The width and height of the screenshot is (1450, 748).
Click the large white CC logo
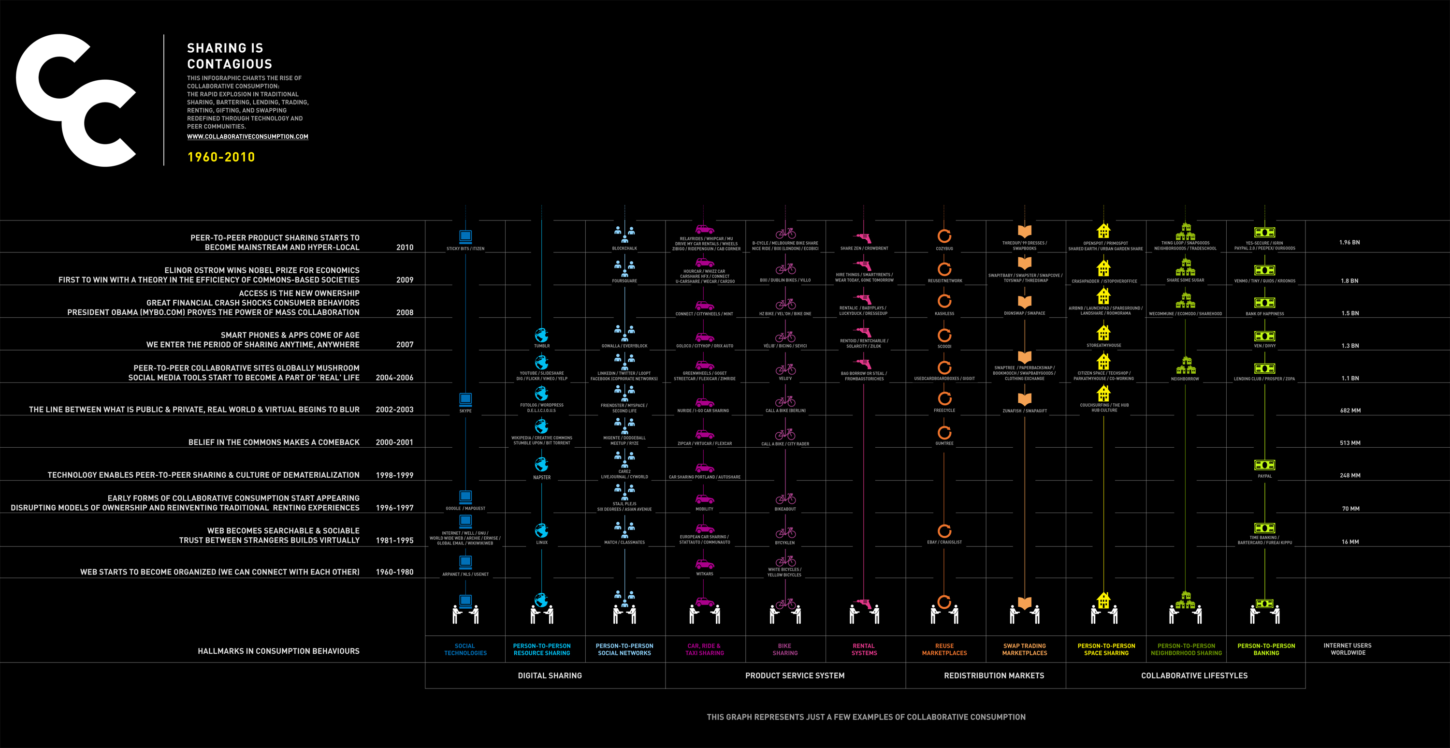(x=76, y=100)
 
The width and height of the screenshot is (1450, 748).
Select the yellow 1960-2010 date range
(x=221, y=157)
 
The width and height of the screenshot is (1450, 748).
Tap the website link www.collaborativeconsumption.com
(x=247, y=136)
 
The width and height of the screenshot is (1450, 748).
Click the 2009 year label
(x=404, y=280)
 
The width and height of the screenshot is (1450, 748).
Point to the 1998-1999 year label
(x=394, y=475)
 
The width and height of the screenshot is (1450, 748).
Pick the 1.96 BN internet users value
(x=1349, y=242)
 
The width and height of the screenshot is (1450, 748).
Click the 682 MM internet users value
(x=1350, y=411)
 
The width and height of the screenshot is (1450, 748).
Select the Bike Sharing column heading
(x=784, y=649)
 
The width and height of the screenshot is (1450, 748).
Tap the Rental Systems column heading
(x=864, y=649)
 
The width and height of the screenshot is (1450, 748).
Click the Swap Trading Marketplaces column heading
(x=1025, y=649)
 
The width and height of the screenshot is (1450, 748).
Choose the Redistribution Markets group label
(x=994, y=675)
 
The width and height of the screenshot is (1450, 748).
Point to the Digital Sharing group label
(x=550, y=675)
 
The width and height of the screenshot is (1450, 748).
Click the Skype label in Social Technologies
(x=465, y=411)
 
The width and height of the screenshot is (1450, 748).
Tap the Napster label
(x=541, y=478)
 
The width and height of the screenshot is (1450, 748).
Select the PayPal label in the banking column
(x=1264, y=476)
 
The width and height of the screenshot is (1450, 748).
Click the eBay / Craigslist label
(x=944, y=543)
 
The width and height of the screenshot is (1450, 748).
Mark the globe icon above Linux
(x=541, y=530)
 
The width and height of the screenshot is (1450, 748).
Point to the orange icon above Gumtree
(x=944, y=433)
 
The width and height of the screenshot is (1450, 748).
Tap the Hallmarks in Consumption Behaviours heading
(x=278, y=651)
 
